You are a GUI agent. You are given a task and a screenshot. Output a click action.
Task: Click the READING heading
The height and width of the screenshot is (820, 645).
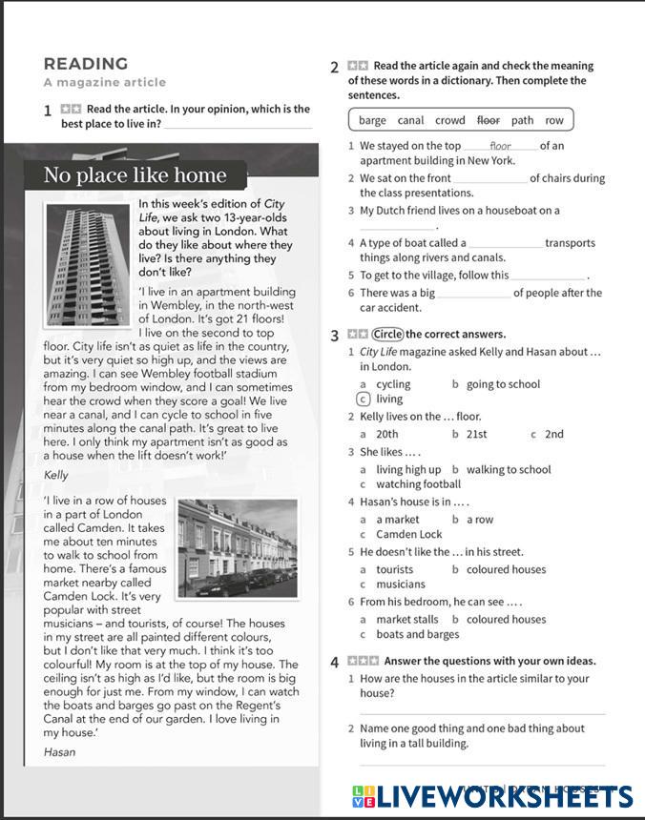pyautogui.click(x=86, y=64)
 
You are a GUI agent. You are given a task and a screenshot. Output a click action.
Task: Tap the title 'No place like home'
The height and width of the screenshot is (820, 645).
pyautogui.click(x=135, y=175)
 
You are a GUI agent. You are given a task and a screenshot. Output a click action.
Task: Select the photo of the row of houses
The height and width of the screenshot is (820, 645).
pyautogui.click(x=238, y=549)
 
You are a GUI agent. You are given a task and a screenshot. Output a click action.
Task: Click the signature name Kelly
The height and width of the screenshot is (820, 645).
pyautogui.click(x=56, y=474)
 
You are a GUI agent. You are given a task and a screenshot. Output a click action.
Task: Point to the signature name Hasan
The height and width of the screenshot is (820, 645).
pyautogui.click(x=59, y=751)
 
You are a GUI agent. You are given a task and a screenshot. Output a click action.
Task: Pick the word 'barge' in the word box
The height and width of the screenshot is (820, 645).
pyautogui.click(x=372, y=121)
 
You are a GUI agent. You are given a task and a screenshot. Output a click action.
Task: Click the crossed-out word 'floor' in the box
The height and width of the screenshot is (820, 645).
pyautogui.click(x=489, y=121)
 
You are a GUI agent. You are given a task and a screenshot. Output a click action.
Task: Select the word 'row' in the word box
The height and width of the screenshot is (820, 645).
pyautogui.click(x=554, y=121)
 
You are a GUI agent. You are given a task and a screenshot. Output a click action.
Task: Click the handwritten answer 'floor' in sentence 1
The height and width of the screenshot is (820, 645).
pyautogui.click(x=500, y=146)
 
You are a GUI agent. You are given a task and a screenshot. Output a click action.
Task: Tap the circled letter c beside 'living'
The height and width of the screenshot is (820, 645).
pyautogui.click(x=363, y=400)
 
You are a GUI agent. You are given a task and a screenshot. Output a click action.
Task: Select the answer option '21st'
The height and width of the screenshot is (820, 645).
pyautogui.click(x=475, y=434)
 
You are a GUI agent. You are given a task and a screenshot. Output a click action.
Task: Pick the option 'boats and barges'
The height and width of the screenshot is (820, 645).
pyautogui.click(x=417, y=634)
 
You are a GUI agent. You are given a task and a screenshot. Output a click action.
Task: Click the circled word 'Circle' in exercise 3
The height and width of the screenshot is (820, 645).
pyautogui.click(x=386, y=335)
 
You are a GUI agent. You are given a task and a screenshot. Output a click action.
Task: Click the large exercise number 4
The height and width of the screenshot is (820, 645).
pyautogui.click(x=334, y=662)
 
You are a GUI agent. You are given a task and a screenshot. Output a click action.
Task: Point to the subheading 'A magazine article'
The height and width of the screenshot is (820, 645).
pyautogui.click(x=105, y=83)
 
